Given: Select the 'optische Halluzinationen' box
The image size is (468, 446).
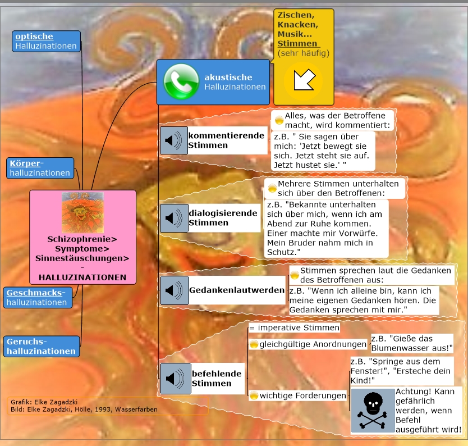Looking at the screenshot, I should tap(47, 41).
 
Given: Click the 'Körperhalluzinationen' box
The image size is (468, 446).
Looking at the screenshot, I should tap(40, 168).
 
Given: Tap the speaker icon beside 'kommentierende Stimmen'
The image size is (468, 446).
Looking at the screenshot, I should tap(173, 140).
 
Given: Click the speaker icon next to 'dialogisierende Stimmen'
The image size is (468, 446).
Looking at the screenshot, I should tap(173, 218).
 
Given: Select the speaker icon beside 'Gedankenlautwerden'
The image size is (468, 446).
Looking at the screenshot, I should tap(173, 290).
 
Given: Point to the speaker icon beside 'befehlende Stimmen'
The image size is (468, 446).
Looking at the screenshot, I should tap(174, 379).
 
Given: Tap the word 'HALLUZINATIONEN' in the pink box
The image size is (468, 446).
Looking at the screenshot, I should tap(82, 277).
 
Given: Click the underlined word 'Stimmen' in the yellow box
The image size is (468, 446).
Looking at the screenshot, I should tap(297, 43).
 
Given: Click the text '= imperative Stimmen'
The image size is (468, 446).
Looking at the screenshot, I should tap(294, 327).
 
